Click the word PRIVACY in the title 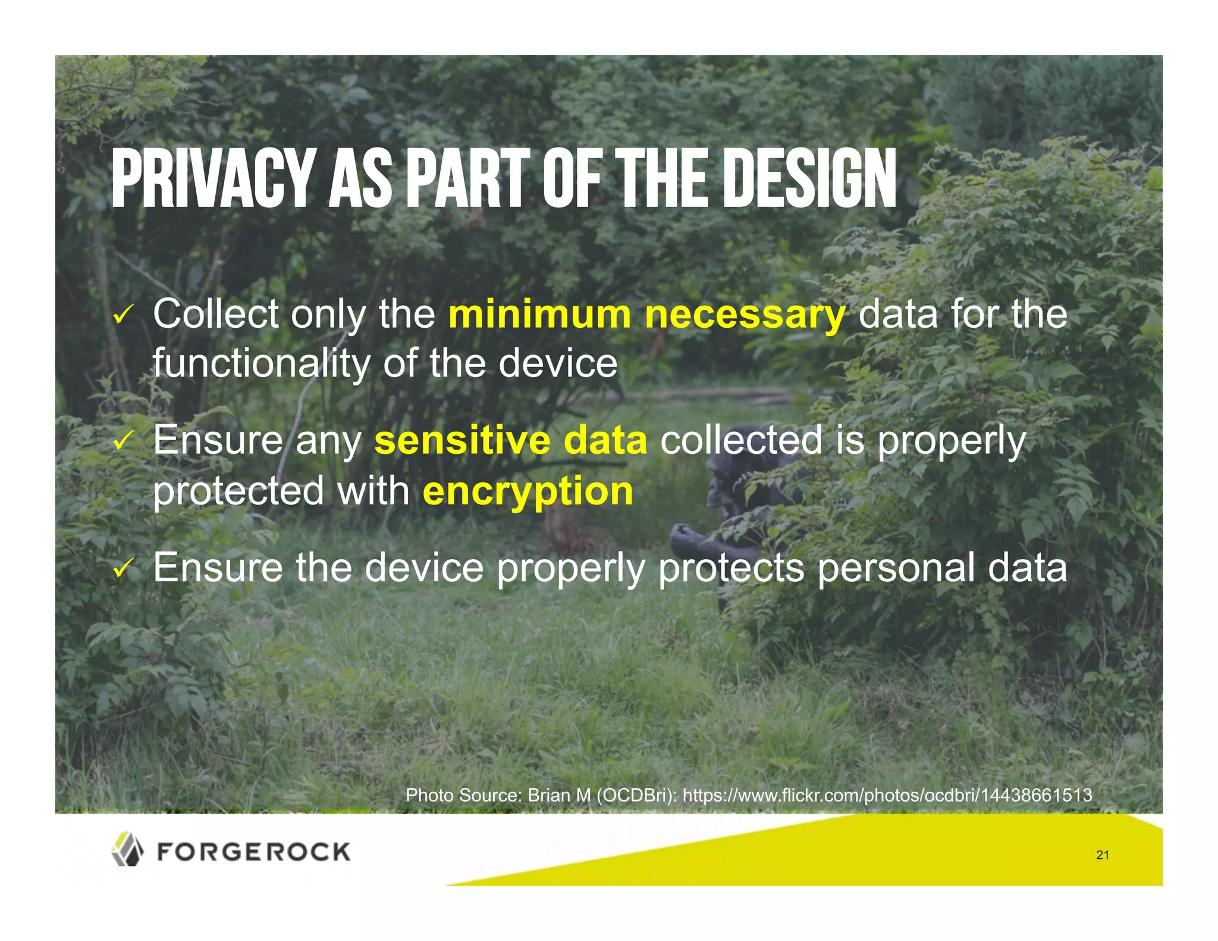coord(211,178)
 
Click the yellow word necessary coord(745,315)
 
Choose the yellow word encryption coord(528,493)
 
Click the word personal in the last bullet coord(896,568)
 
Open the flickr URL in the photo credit coord(887,795)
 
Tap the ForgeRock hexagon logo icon coord(127,849)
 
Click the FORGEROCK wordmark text coord(254,852)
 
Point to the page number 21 coord(1102,855)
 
